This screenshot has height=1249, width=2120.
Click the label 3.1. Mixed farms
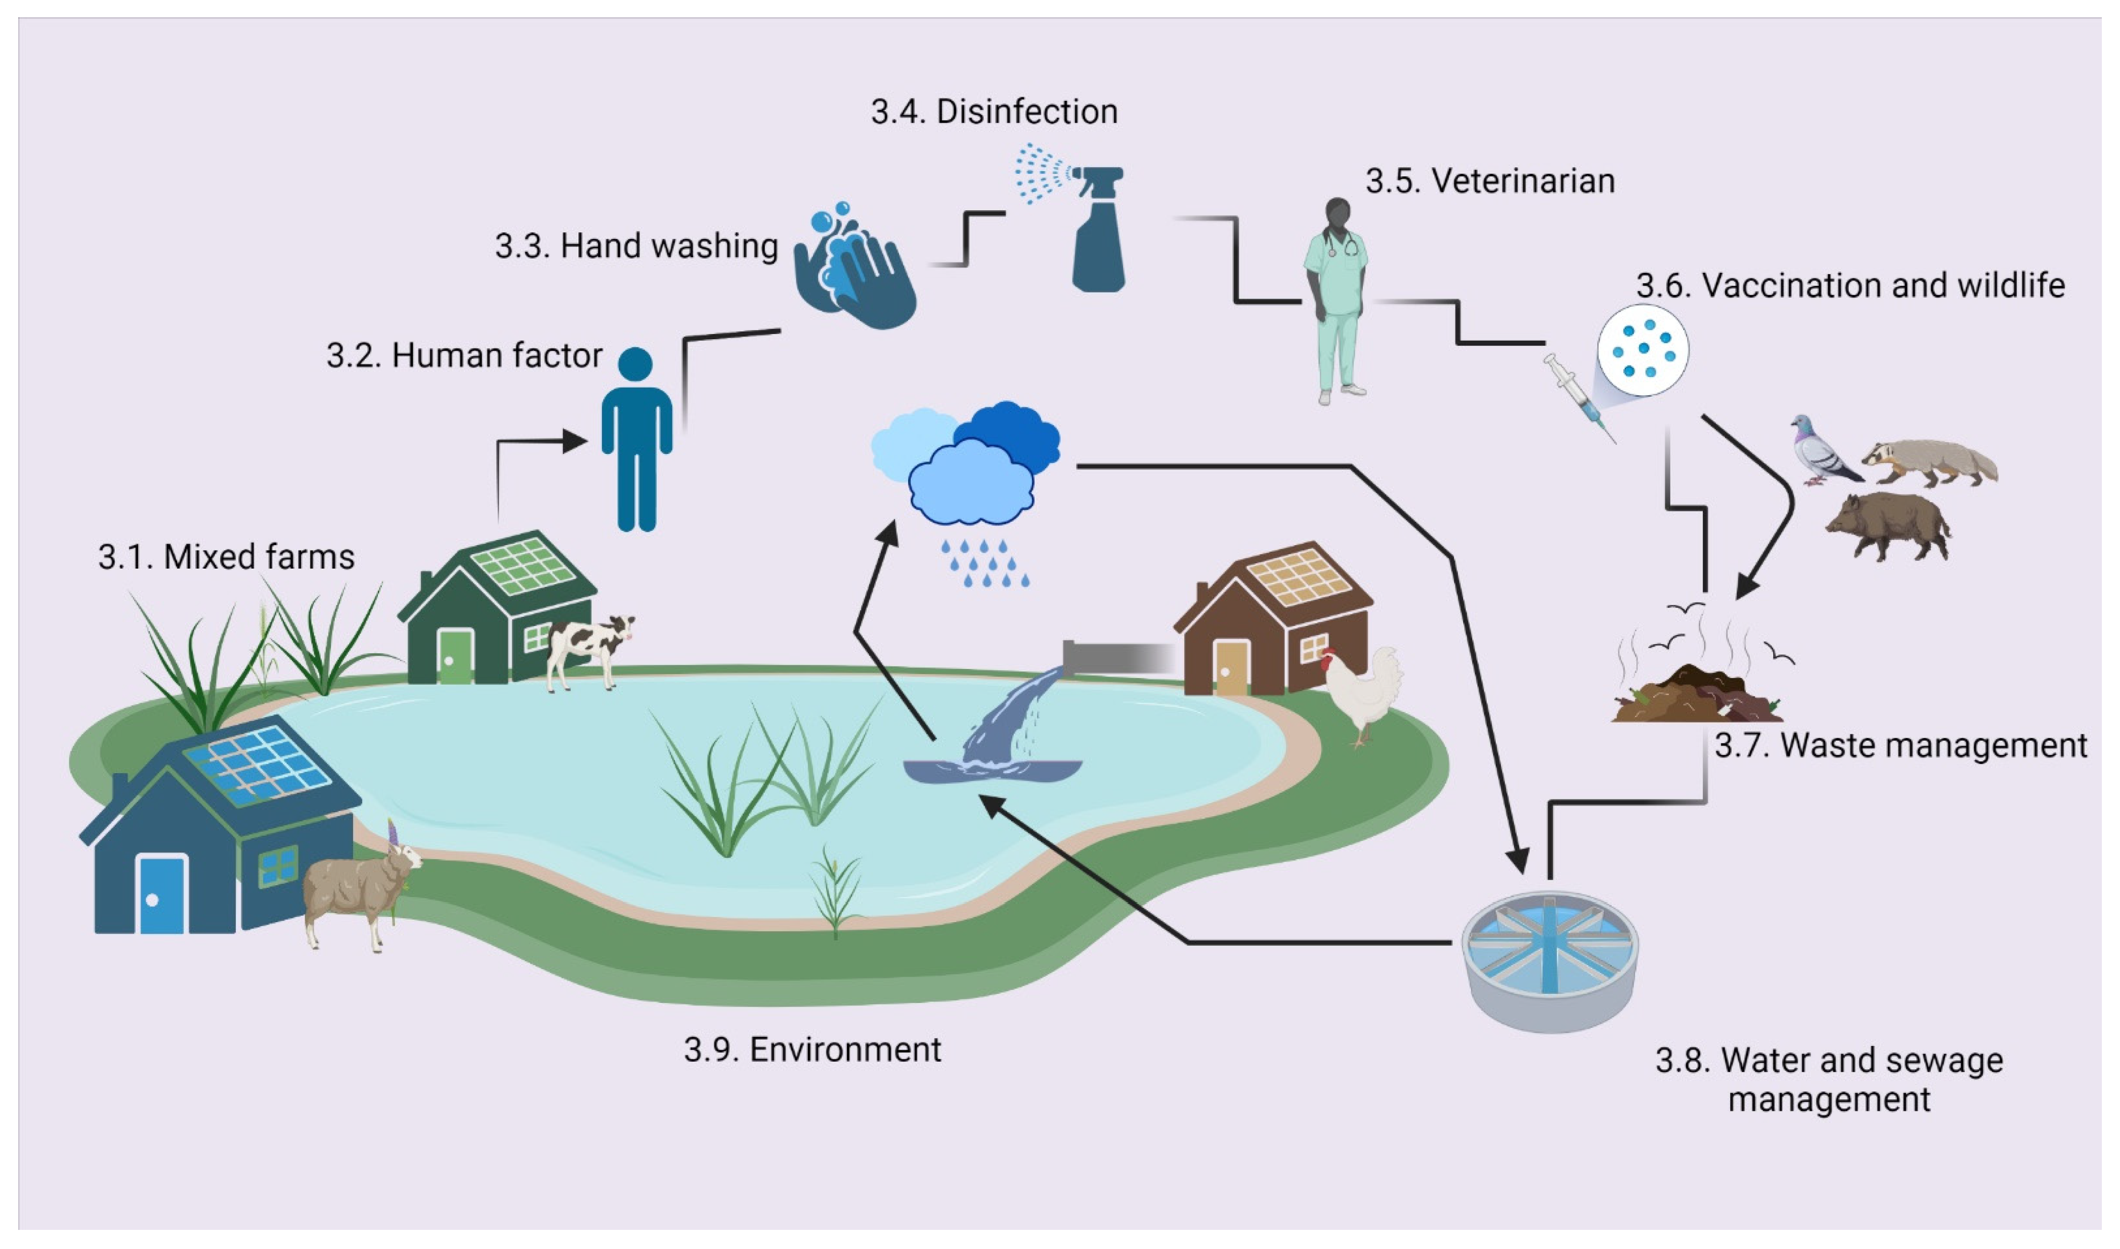point(225,557)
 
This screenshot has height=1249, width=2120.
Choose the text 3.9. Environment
point(812,1050)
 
